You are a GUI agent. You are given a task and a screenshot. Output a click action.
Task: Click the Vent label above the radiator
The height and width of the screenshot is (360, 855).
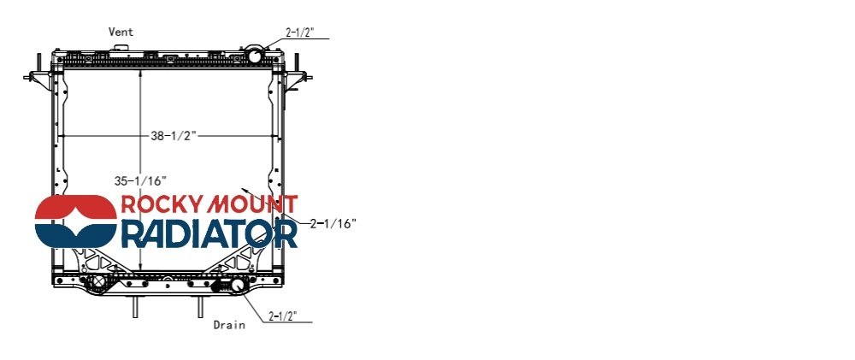coord(121,32)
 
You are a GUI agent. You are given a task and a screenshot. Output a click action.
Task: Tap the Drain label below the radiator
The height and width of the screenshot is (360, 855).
coord(229,325)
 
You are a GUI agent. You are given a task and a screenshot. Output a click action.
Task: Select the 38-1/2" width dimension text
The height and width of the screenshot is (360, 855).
coord(174,136)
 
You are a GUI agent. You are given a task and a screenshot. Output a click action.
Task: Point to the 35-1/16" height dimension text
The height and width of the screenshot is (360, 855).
coord(140,180)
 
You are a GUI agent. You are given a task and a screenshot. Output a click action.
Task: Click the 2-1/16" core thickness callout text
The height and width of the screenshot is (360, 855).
coord(333,223)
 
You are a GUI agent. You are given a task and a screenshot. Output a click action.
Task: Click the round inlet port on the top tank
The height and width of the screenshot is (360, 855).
coord(255,56)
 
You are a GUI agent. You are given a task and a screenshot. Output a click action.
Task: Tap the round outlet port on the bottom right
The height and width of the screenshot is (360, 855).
coord(238,285)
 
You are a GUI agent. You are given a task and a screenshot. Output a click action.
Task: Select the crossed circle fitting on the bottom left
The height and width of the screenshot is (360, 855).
coord(97,282)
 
